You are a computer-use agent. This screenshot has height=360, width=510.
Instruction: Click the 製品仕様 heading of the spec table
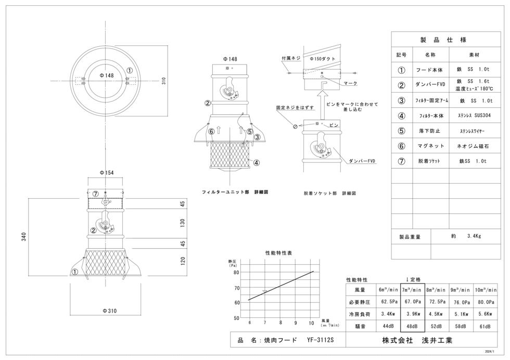point(443,40)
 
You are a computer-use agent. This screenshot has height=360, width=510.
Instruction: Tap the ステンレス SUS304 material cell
point(474,115)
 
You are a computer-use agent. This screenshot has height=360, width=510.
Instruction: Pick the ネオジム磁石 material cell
point(473,146)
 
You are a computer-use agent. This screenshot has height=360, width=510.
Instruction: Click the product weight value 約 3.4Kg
point(466,236)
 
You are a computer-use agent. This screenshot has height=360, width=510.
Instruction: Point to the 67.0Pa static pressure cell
point(413,302)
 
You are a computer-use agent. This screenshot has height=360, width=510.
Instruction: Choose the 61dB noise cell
point(485,326)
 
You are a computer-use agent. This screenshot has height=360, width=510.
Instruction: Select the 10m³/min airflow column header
point(486,289)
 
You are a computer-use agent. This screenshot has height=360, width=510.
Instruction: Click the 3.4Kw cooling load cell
point(388,314)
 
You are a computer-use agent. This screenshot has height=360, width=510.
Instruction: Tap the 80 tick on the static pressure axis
point(236,273)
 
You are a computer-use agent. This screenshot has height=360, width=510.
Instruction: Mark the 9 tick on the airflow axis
point(296,323)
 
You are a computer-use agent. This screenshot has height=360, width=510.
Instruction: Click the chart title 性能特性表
point(279,253)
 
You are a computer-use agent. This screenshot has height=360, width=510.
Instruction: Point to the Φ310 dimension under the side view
point(110,311)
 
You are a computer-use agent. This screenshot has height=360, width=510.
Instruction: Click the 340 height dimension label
point(24,237)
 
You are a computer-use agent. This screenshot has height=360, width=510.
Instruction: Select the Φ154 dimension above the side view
point(107,173)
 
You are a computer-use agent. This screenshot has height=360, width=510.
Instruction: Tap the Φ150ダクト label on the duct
point(322,59)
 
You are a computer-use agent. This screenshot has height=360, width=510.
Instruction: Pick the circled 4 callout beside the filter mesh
point(257,163)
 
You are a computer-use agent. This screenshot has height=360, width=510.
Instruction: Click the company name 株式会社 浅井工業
point(417,340)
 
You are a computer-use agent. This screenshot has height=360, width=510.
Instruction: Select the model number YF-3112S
point(321,340)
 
